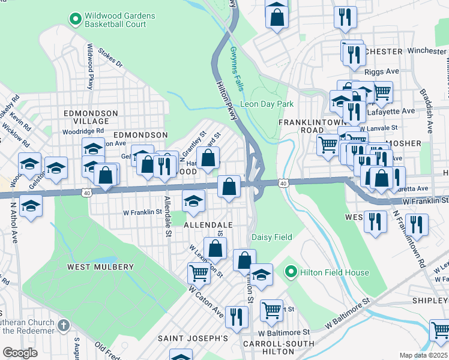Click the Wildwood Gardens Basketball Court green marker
[75, 20]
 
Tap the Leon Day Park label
[267, 104]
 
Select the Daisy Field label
[271, 237]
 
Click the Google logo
[20, 353]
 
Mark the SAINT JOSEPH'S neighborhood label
[193, 338]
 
